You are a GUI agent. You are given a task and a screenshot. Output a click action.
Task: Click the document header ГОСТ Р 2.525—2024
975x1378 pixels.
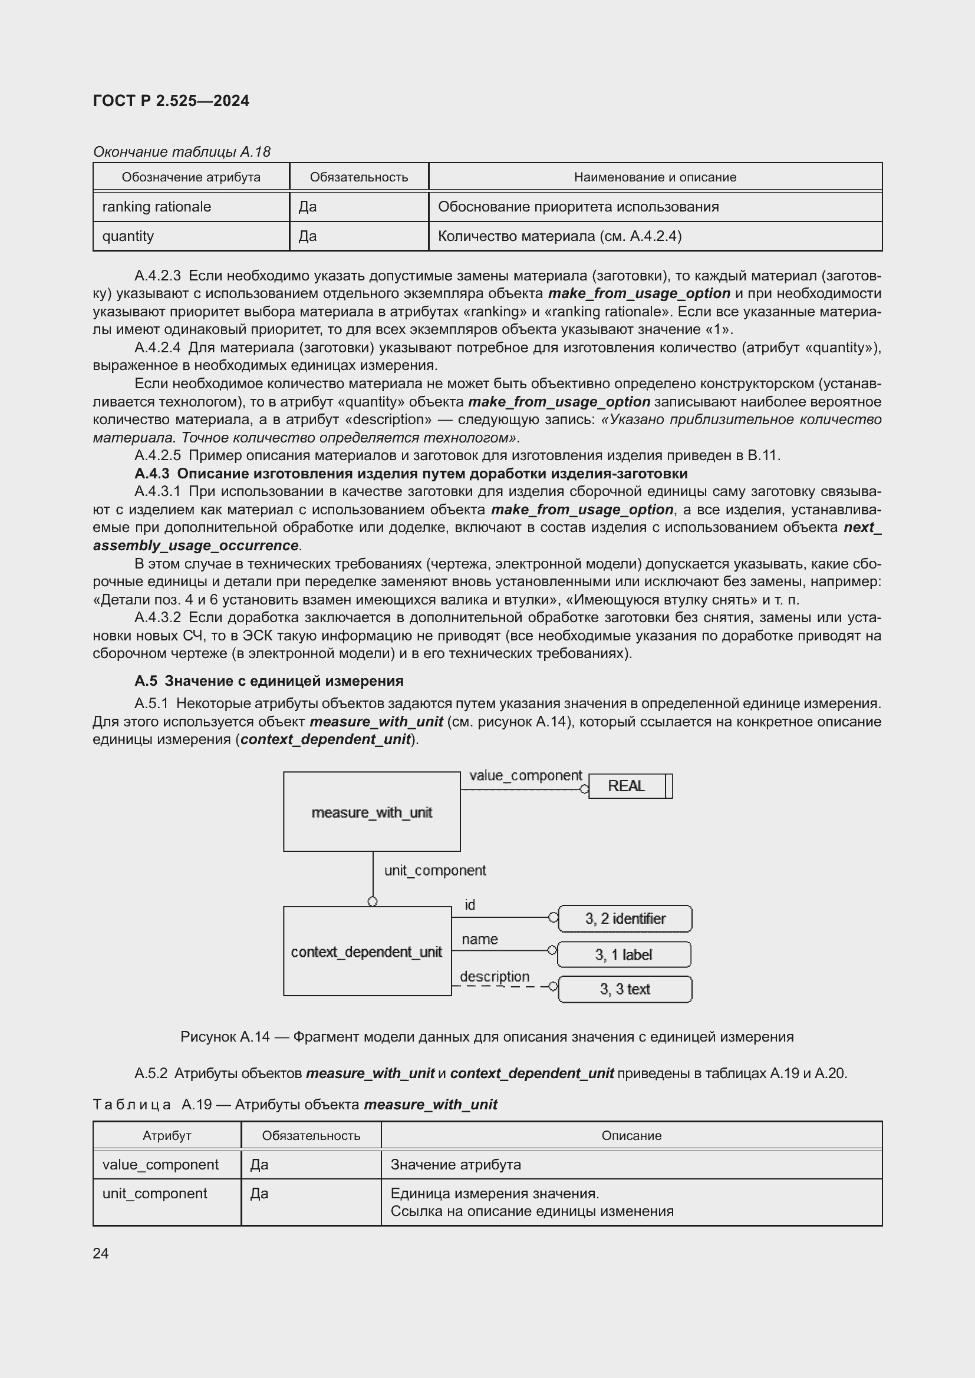pyautogui.click(x=171, y=101)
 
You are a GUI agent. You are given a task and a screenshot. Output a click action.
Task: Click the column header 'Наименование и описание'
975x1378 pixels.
pyautogui.click(x=654, y=177)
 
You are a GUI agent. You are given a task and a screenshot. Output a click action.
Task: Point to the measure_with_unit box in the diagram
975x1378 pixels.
pyautogui.click(x=371, y=812)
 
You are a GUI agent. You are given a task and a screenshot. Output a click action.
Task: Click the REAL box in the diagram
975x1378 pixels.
pyautogui.click(x=627, y=787)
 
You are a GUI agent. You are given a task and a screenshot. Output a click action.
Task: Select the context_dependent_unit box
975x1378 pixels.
pyautogui.click(x=367, y=952)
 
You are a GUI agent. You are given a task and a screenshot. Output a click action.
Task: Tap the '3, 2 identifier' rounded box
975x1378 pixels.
pyautogui.click(x=625, y=918)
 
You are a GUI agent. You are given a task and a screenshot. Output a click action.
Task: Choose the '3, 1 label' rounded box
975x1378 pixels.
pyautogui.click(x=624, y=954)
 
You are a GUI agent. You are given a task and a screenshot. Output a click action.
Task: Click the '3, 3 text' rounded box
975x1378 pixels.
pyautogui.click(x=625, y=989)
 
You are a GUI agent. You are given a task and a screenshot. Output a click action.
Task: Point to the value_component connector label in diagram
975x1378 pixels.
pyautogui.click(x=525, y=775)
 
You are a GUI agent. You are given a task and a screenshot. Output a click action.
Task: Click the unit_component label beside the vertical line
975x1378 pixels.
pyautogui.click(x=434, y=870)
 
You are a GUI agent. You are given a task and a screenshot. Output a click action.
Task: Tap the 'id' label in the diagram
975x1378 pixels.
pyautogui.click(x=469, y=904)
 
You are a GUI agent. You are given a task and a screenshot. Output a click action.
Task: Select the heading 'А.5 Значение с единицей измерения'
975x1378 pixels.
pyautogui.click(x=269, y=680)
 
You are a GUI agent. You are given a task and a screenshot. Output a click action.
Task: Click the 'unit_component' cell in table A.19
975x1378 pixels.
pyautogui.click(x=155, y=1193)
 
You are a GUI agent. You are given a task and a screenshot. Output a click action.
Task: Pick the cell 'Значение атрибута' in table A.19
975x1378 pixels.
pyautogui.click(x=456, y=1164)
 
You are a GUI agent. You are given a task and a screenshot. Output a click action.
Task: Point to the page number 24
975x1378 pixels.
pyautogui.click(x=101, y=1253)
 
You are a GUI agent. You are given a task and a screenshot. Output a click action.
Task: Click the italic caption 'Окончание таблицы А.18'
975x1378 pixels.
pyautogui.click(x=182, y=152)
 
